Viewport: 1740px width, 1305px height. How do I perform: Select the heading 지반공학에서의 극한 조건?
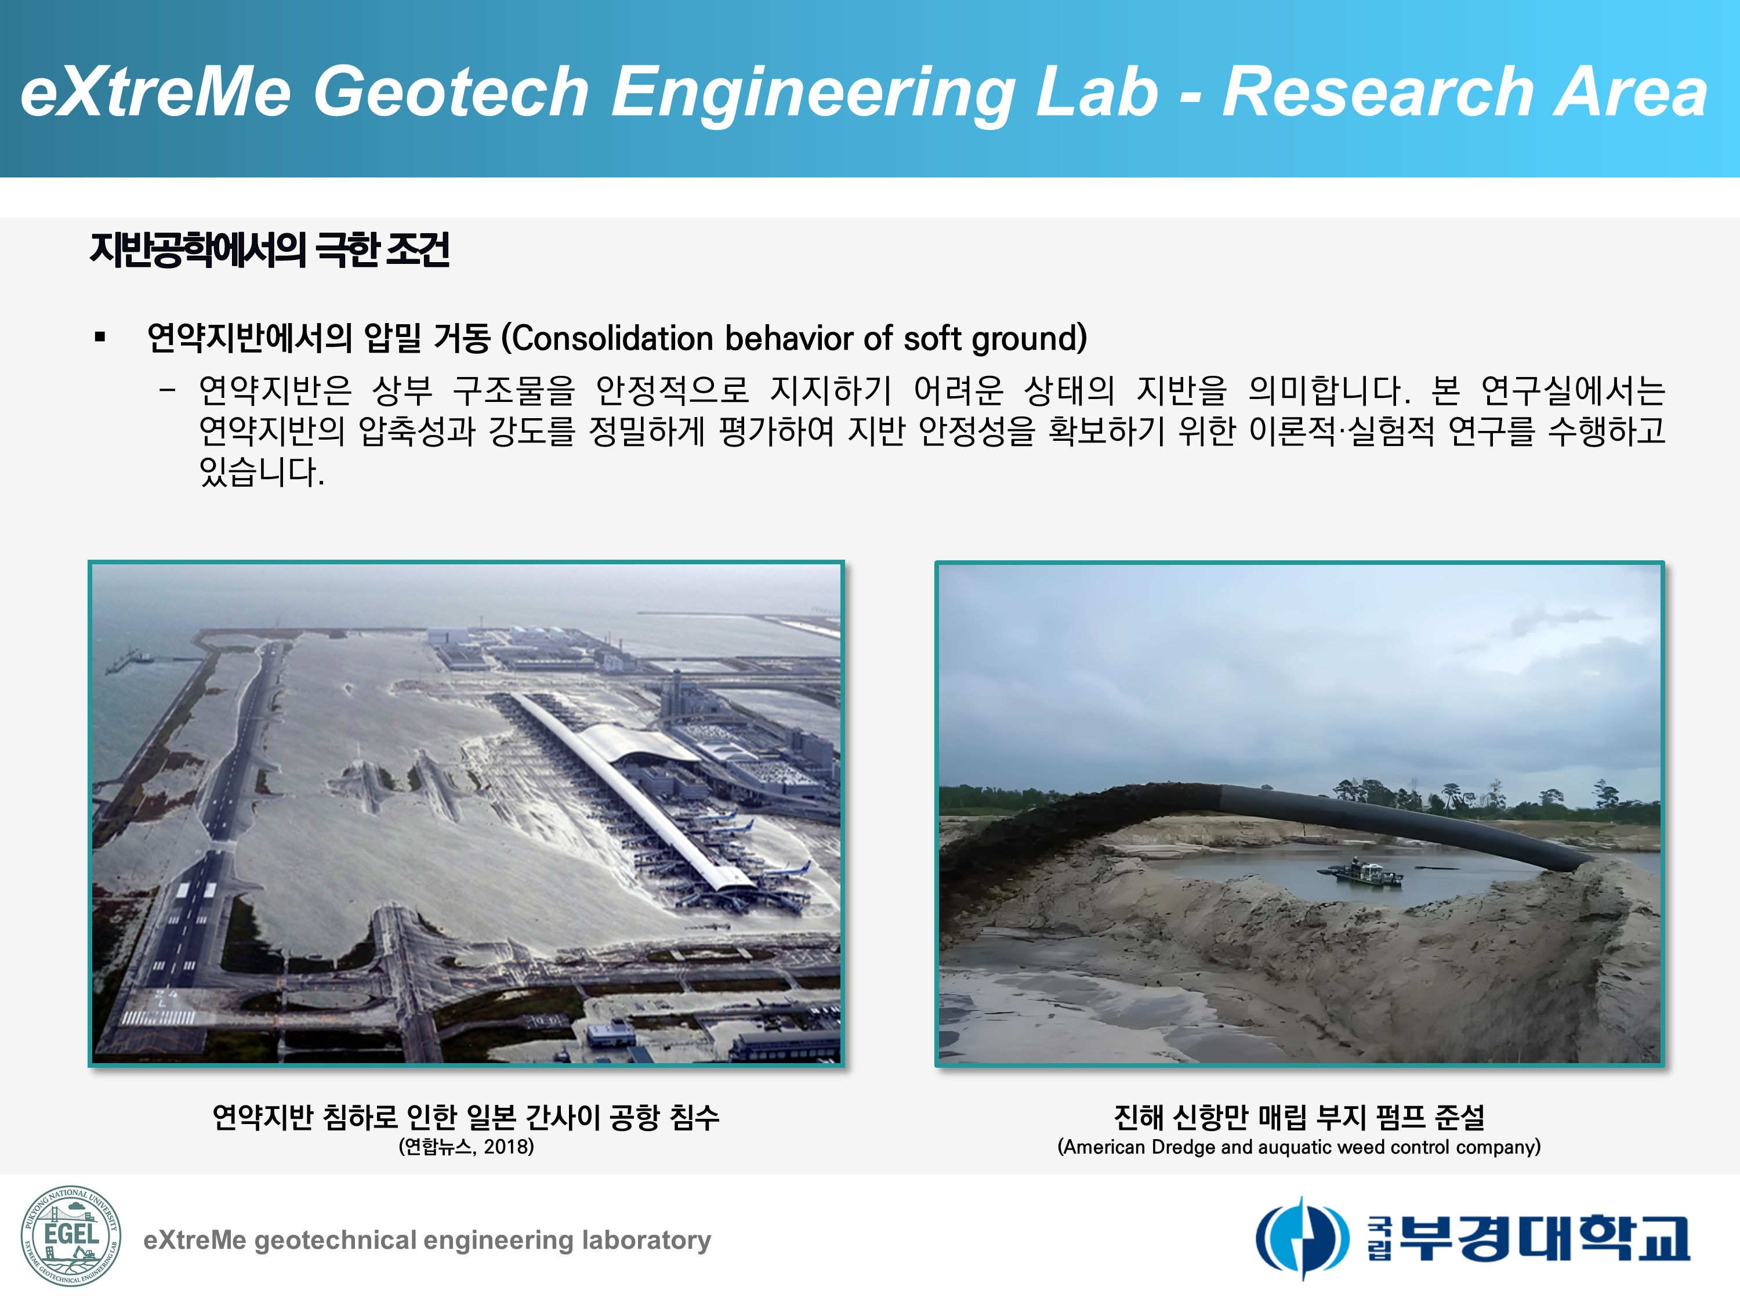(270, 250)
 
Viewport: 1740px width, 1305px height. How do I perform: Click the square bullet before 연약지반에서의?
(100, 338)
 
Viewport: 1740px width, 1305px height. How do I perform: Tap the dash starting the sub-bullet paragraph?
(167, 389)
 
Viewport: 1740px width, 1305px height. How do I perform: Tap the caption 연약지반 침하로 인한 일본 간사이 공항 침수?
(466, 1116)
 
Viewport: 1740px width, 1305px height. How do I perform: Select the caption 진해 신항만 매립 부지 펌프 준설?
(1299, 1116)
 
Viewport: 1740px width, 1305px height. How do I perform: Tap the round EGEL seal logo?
(71, 1236)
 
